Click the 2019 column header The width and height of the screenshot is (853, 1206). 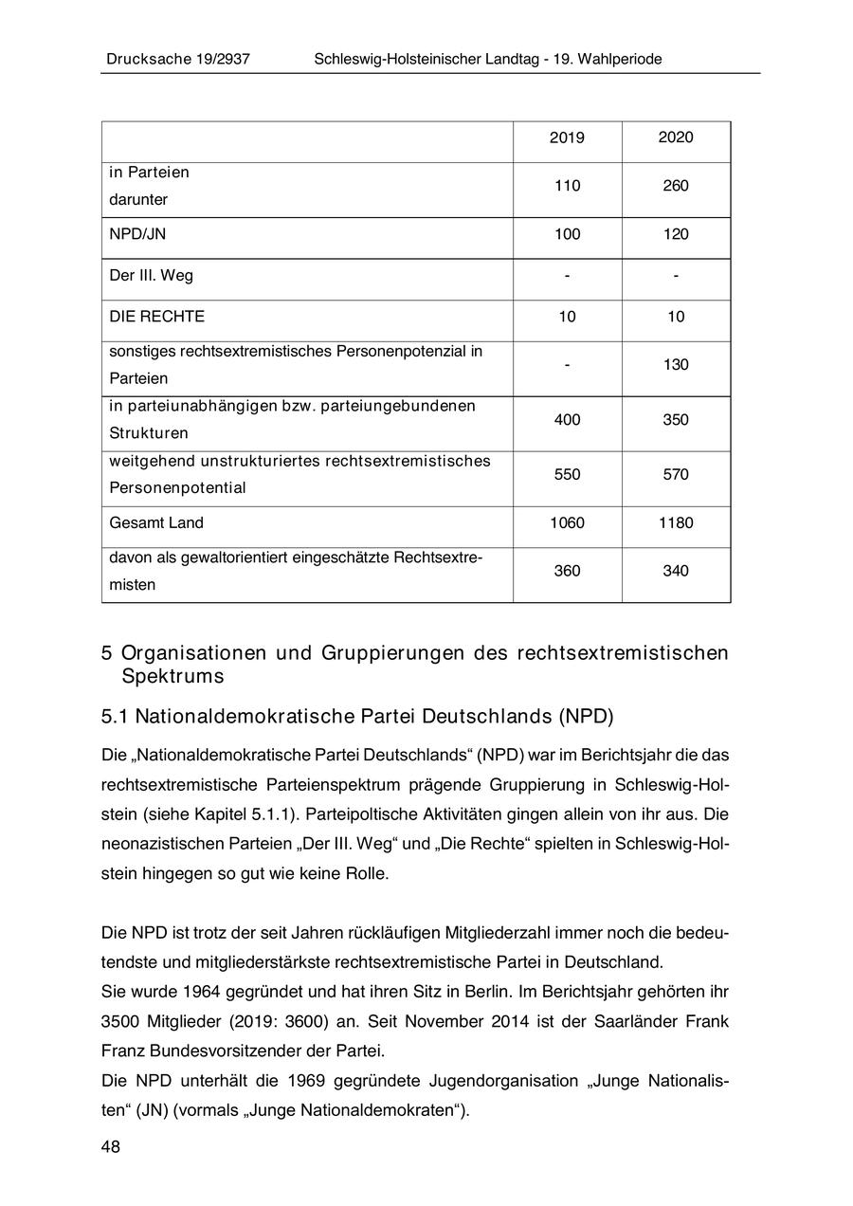pos(567,138)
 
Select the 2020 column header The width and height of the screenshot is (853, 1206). pos(676,137)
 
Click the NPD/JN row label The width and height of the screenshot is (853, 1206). pos(137,234)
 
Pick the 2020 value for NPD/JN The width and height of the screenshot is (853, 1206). pos(676,234)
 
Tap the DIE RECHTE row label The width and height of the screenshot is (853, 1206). pos(156,317)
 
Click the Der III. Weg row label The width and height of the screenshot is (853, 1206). pos(151,276)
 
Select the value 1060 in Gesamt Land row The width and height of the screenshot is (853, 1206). pos(567,522)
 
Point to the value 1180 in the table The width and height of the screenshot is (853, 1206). pos(676,522)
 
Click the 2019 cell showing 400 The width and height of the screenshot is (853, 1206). pos(567,420)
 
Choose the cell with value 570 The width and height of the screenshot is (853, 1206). pos(676,475)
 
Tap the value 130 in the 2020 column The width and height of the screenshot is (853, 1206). pos(676,365)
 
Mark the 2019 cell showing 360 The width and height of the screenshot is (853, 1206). pos(567,571)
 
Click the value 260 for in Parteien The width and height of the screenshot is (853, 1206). pos(676,186)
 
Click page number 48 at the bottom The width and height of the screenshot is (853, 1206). pos(111,1147)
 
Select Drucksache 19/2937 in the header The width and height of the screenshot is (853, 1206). pos(177,60)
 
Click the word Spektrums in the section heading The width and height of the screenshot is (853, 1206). pos(172,677)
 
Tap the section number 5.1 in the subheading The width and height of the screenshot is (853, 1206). pos(114,715)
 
